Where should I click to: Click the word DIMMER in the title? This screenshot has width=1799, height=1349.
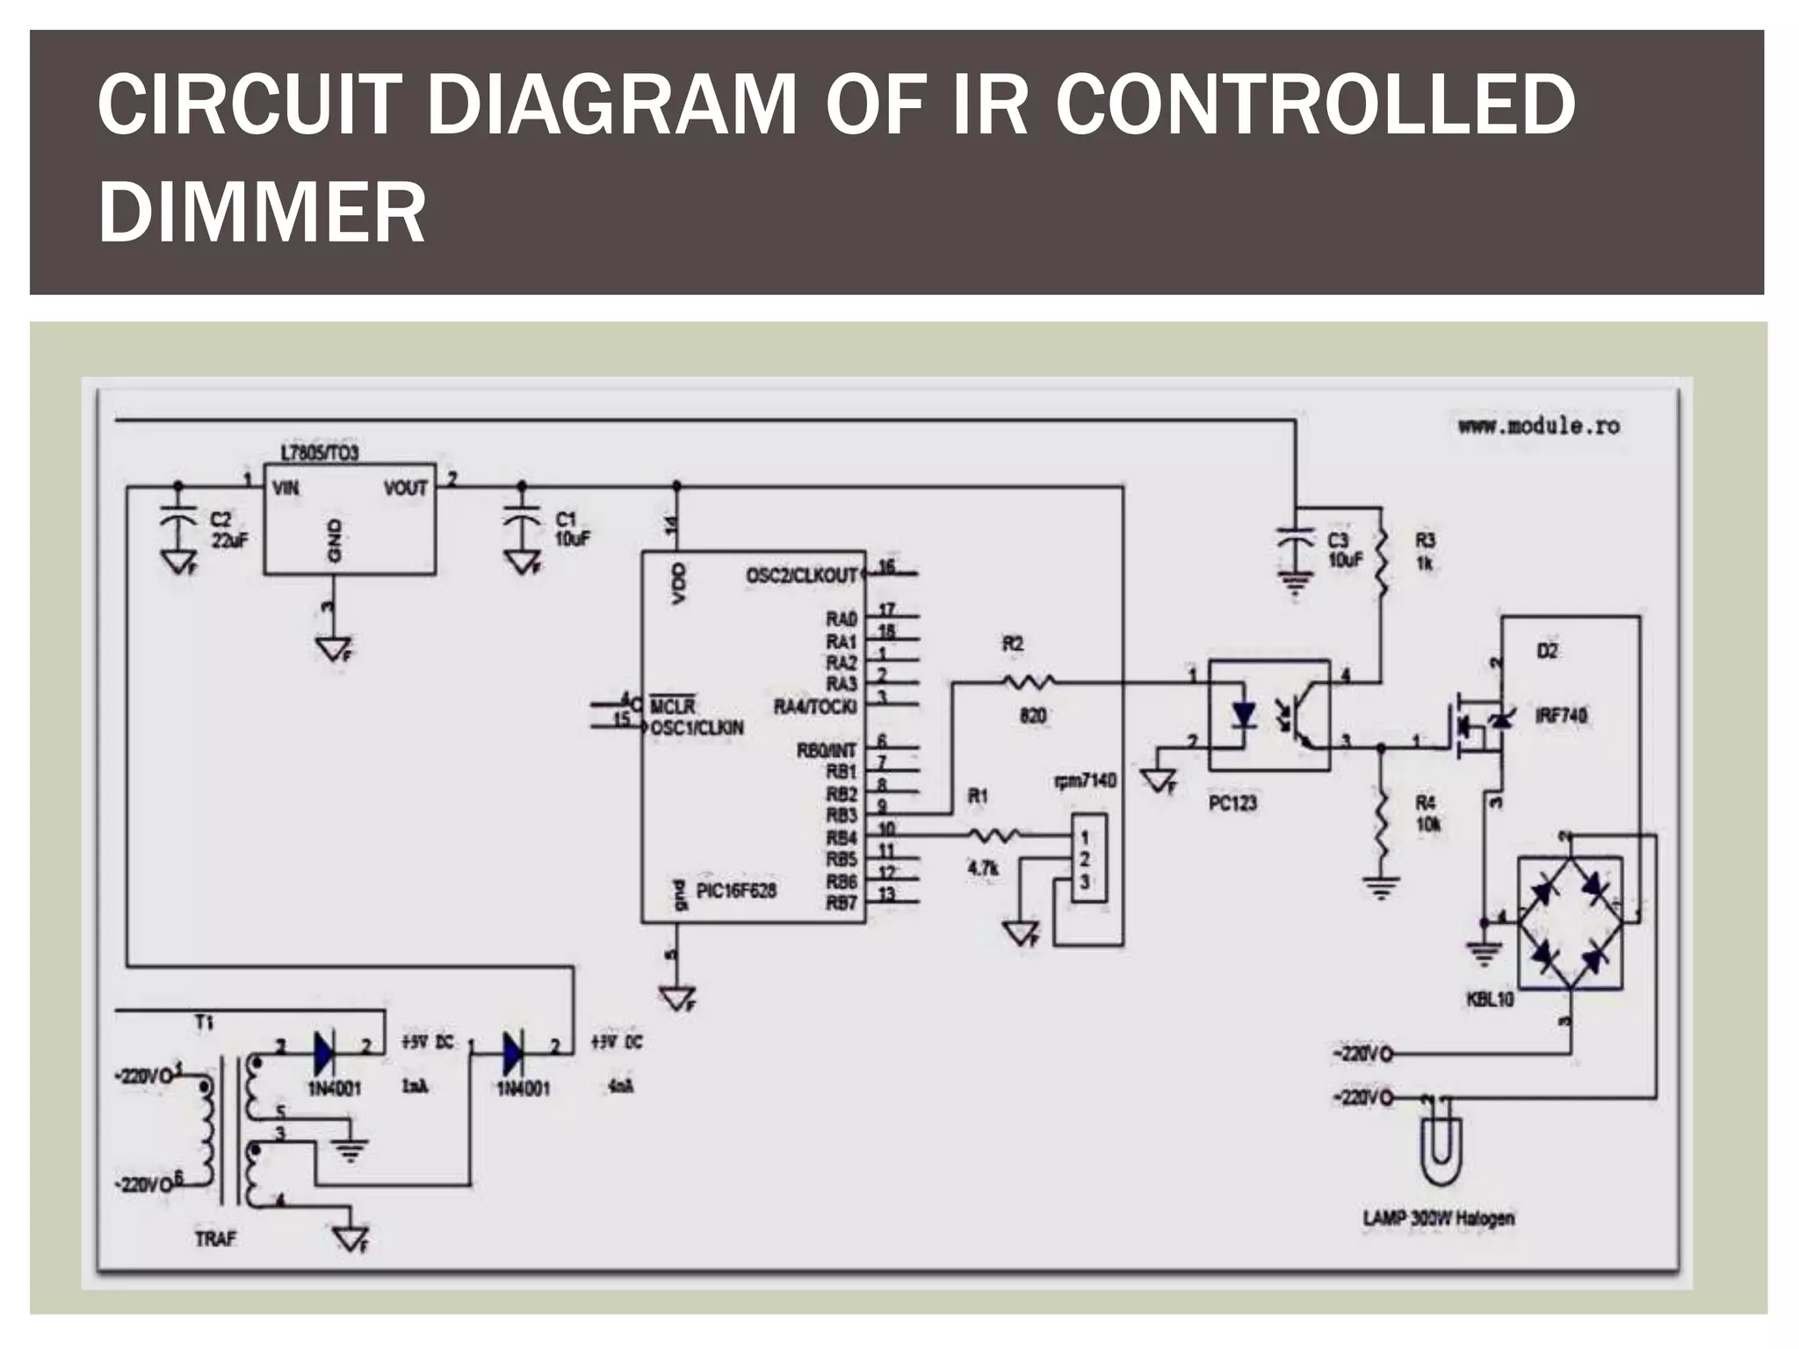(262, 212)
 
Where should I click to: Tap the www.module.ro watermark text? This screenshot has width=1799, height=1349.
(1538, 427)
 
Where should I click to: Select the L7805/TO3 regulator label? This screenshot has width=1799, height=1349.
(319, 453)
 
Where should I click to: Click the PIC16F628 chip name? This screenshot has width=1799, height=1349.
(736, 891)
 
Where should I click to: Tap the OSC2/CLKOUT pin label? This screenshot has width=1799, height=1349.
(801, 575)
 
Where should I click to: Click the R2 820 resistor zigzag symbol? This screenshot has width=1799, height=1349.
(1029, 682)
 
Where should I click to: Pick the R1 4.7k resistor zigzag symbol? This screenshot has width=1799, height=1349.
(993, 835)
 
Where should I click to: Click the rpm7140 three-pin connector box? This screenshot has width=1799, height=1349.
(1087, 858)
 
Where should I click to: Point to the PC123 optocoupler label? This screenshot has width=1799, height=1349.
(1232, 803)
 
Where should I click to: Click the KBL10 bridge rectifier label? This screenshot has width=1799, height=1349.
(1490, 999)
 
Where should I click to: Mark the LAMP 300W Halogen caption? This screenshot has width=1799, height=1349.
(1438, 1218)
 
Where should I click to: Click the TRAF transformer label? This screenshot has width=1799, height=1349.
(215, 1239)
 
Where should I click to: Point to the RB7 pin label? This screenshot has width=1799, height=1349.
(841, 903)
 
